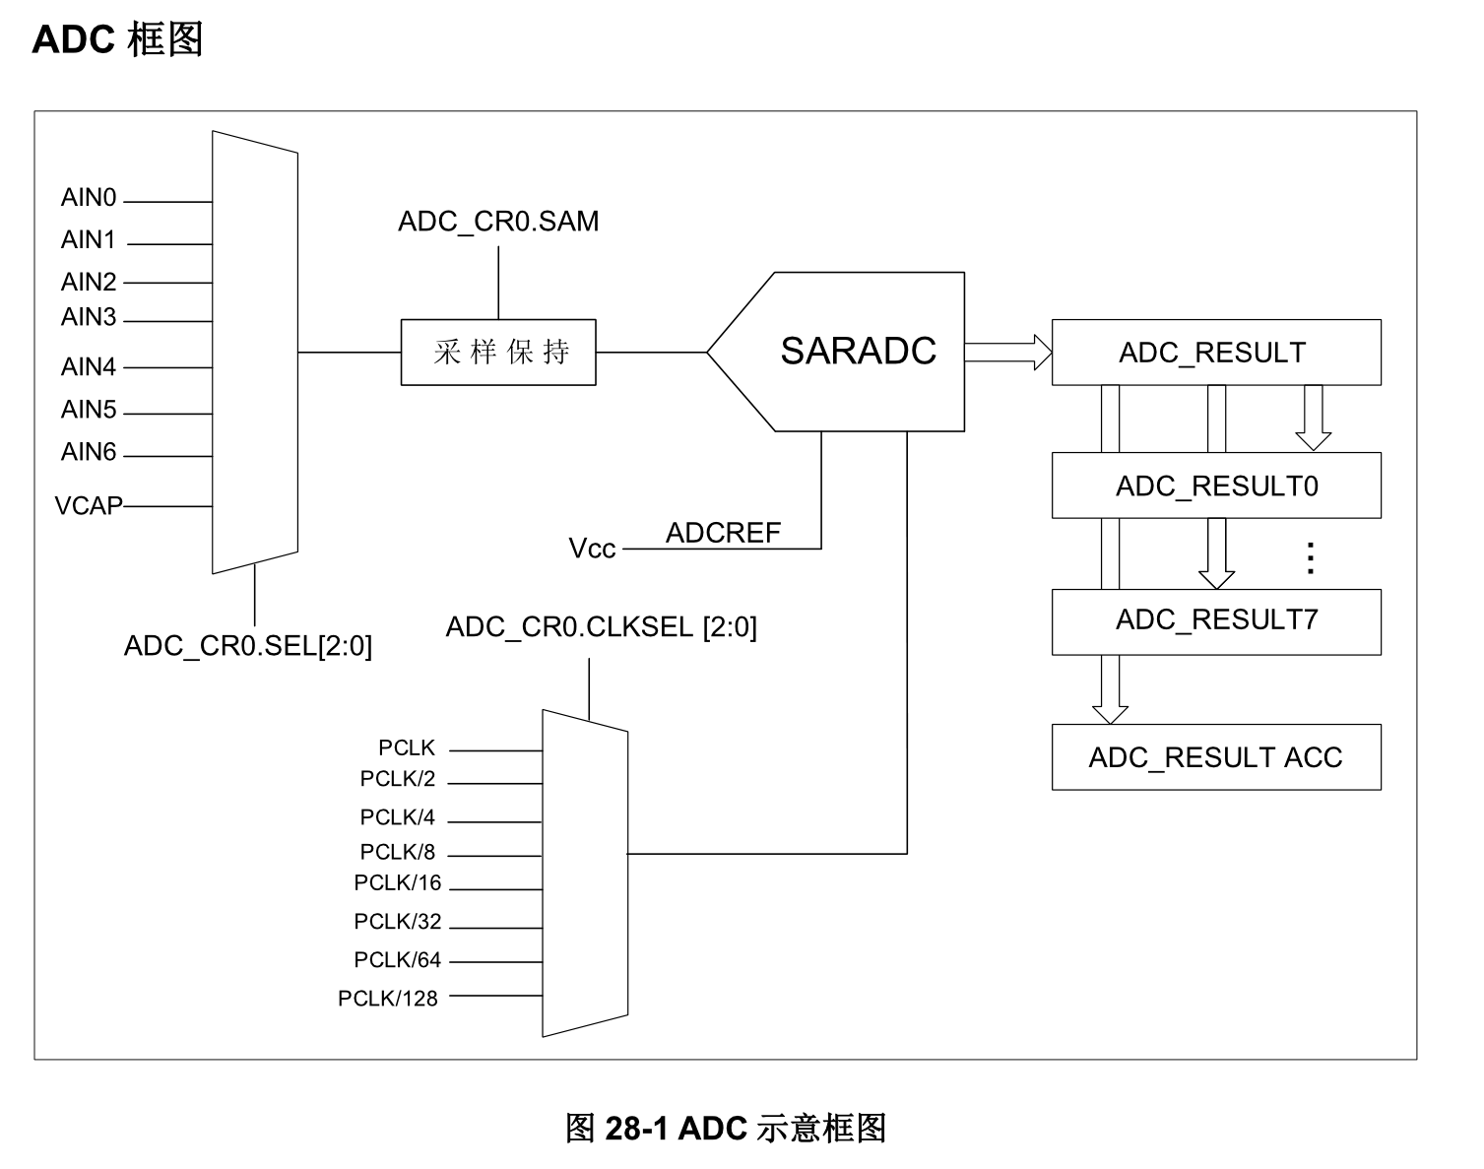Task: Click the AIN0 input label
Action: pyautogui.click(x=89, y=198)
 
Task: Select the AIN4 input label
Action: pyautogui.click(x=89, y=367)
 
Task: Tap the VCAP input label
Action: pyautogui.click(x=89, y=506)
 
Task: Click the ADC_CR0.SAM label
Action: pyautogui.click(x=498, y=222)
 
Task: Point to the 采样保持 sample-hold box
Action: pyautogui.click(x=498, y=353)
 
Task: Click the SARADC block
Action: pyautogui.click(x=857, y=352)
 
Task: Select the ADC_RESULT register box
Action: pyautogui.click(x=1216, y=353)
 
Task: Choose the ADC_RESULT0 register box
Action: pyautogui.click(x=1216, y=487)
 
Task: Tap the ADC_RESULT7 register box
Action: pyautogui.click(x=1216, y=620)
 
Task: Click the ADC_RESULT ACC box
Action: pyautogui.click(x=1216, y=757)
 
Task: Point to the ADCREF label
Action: pyautogui.click(x=723, y=533)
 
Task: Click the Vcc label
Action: pyautogui.click(x=592, y=549)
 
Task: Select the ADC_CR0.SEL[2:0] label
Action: pyautogui.click(x=248, y=646)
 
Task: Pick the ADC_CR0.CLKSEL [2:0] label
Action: pyautogui.click(x=601, y=627)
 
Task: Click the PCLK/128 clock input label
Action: pyautogui.click(x=388, y=999)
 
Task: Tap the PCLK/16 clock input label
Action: pyautogui.click(x=398, y=883)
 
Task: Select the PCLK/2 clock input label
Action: pyautogui.click(x=398, y=779)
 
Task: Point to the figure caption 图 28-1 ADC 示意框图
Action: pyautogui.click(x=726, y=1128)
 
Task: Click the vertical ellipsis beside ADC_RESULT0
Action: pyautogui.click(x=1311, y=557)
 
